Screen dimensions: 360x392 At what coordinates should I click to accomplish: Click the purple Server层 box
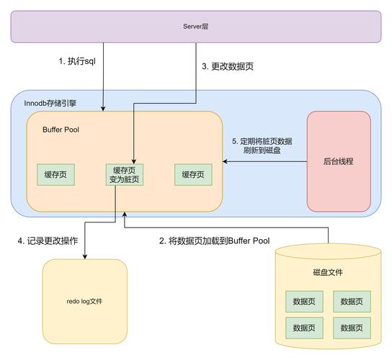[x=195, y=26]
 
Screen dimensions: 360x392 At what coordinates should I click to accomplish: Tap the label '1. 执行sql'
[x=78, y=62]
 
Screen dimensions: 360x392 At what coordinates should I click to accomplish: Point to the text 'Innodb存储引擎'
[x=53, y=104]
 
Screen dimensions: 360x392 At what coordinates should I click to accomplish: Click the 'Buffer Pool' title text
[x=61, y=130]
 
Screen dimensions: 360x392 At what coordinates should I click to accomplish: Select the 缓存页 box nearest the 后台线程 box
[x=192, y=174]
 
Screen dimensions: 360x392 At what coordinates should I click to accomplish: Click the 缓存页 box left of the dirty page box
[x=55, y=174]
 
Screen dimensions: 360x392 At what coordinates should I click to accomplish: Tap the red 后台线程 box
[x=339, y=161]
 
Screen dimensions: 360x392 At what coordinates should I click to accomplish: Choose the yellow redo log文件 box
[x=84, y=301]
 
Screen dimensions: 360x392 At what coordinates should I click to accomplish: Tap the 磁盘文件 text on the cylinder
[x=328, y=272]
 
